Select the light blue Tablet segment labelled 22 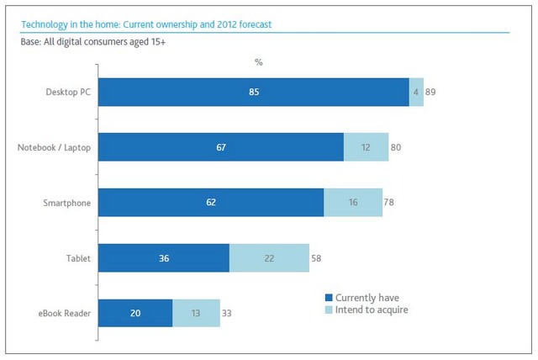[269, 258]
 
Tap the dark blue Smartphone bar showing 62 [211, 203]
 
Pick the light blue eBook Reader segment [196, 314]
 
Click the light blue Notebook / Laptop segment [366, 147]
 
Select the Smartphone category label [67, 203]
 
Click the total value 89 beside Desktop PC [431, 92]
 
